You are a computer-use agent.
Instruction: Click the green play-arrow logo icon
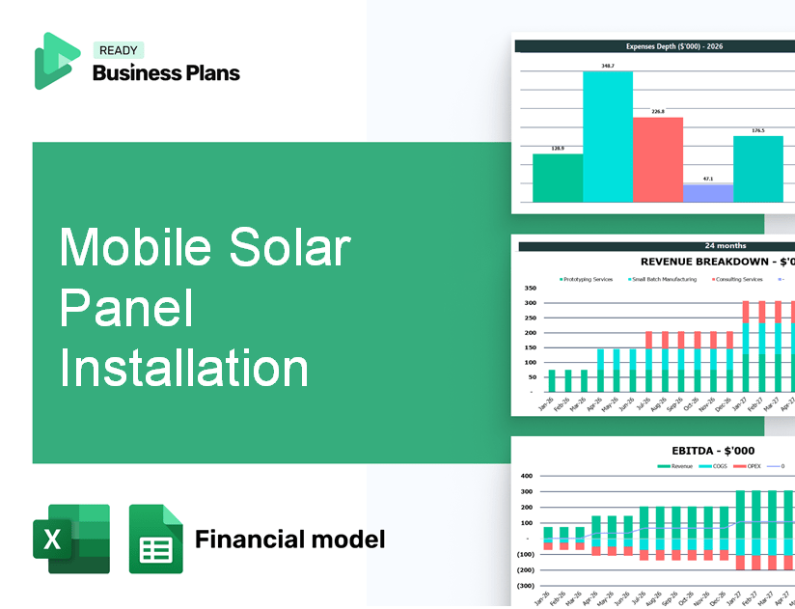click(55, 61)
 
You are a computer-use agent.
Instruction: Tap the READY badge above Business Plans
click(119, 51)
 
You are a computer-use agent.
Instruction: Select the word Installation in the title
click(184, 369)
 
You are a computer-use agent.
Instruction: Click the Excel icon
click(71, 539)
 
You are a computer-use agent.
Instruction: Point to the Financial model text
click(289, 539)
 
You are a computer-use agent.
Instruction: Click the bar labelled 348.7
click(608, 135)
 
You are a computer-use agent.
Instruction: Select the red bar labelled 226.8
click(658, 159)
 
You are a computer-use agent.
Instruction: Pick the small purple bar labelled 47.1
click(708, 193)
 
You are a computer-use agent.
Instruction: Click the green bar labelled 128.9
click(558, 178)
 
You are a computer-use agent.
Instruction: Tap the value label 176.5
click(758, 130)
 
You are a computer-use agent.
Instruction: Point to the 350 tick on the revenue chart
click(530, 288)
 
